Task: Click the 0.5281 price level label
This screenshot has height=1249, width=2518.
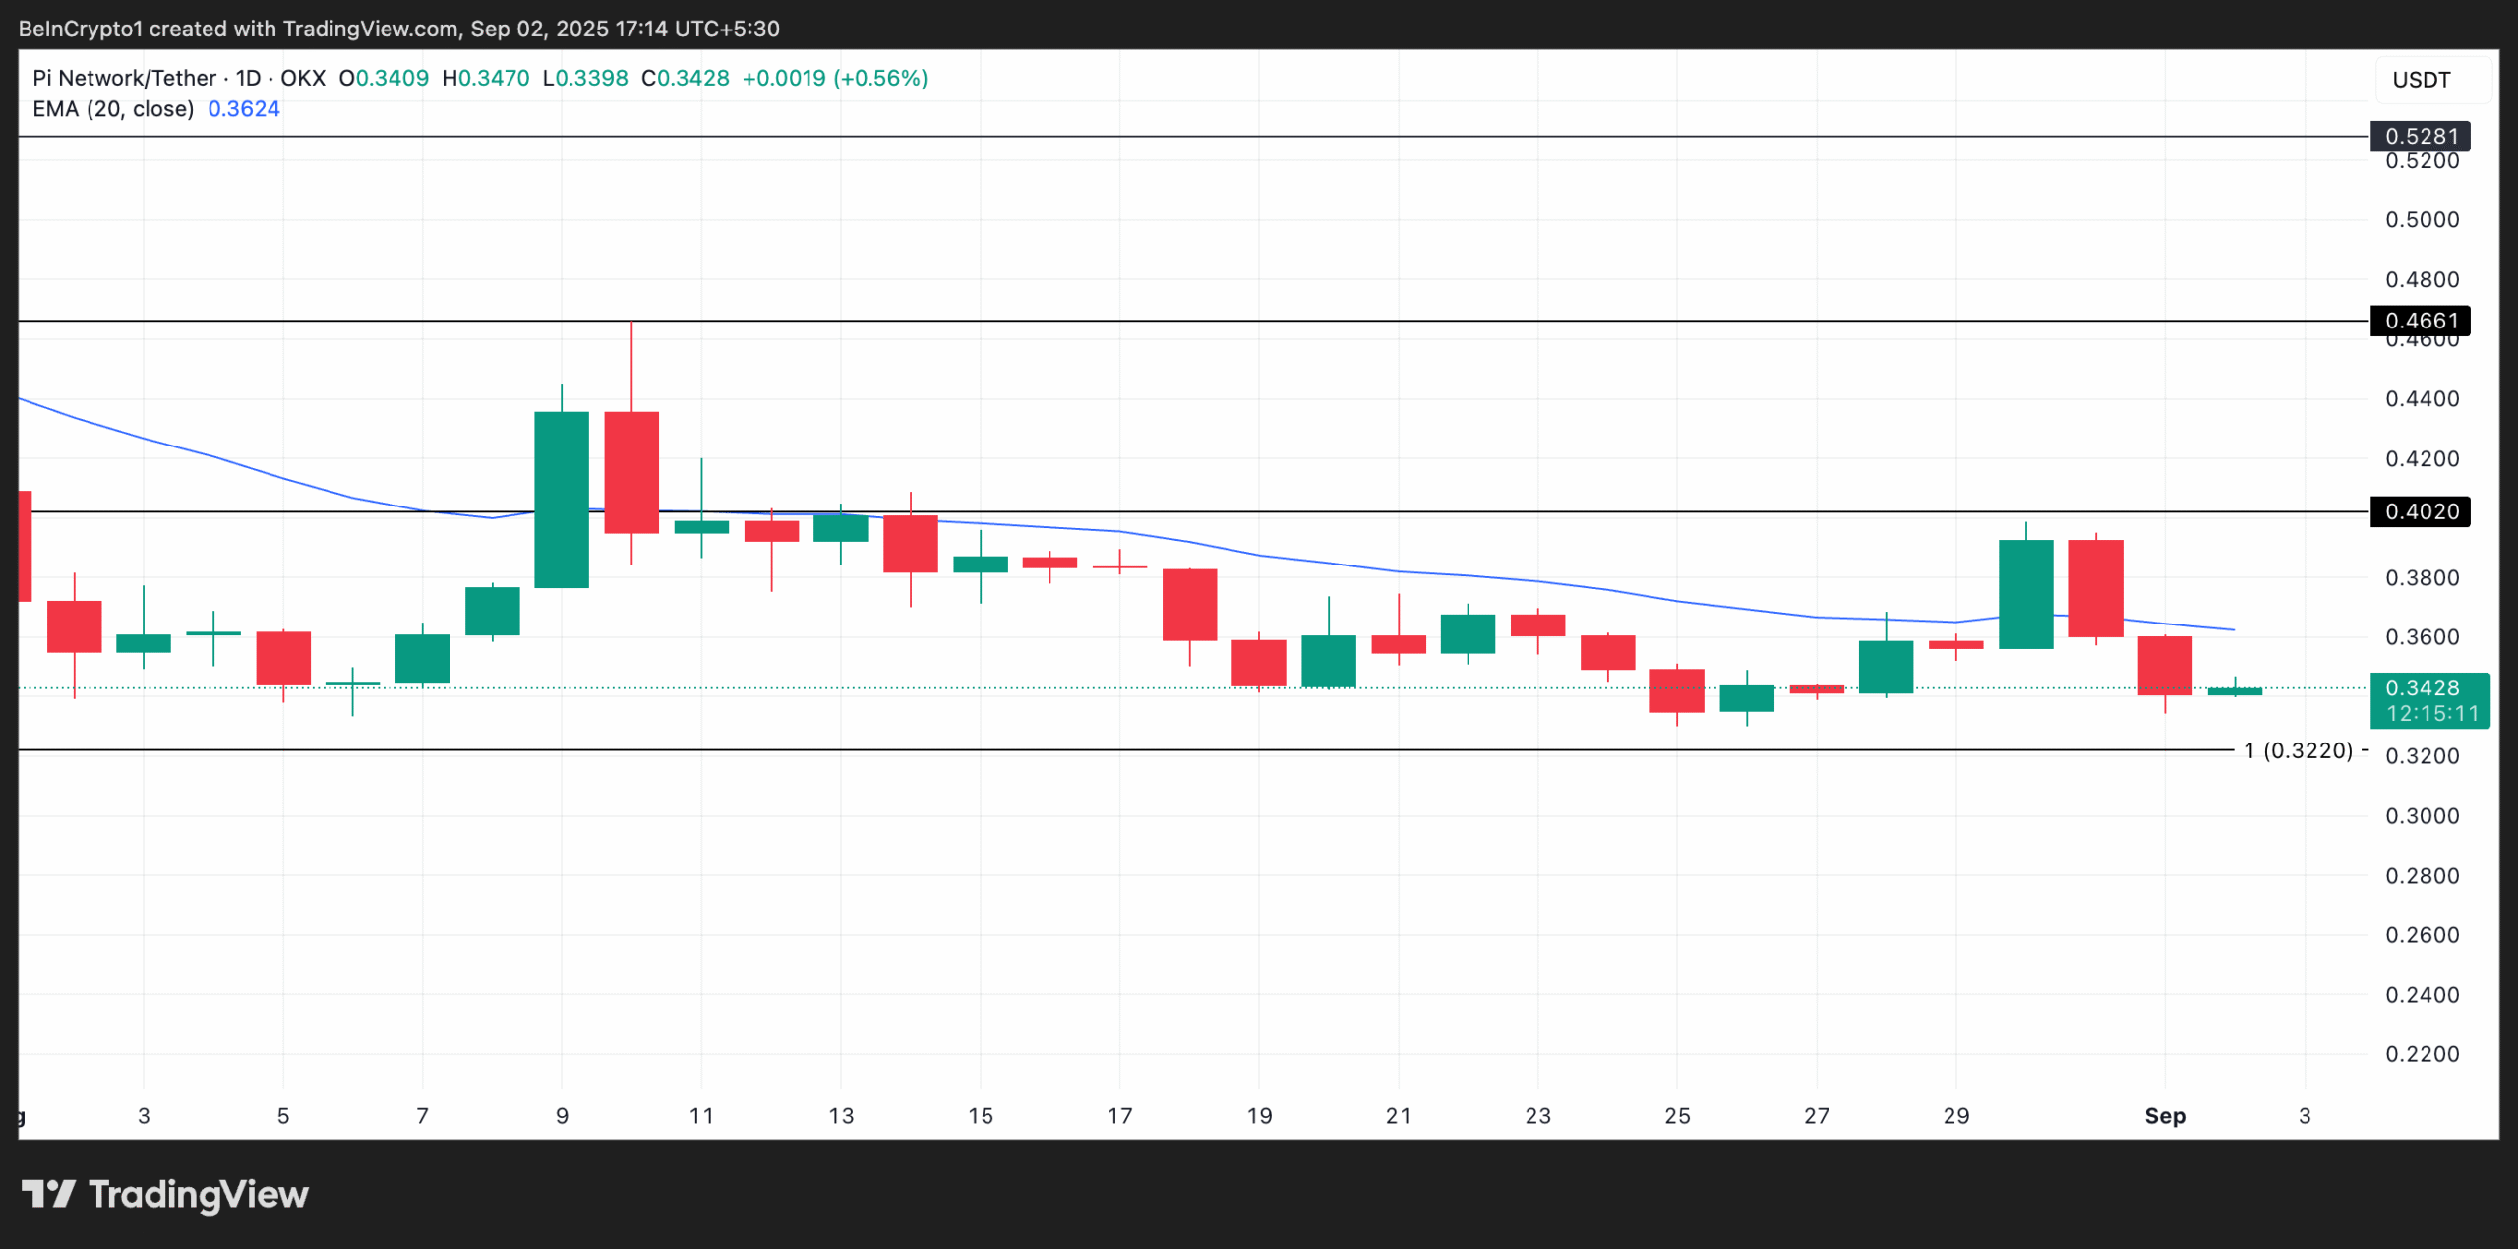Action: coord(2420,136)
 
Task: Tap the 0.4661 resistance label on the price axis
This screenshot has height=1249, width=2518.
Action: coord(2420,321)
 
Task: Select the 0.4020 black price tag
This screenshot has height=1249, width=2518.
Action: coord(2420,511)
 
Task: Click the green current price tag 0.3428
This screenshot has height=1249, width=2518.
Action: coord(2428,688)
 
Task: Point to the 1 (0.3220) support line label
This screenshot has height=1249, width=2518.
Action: coord(2298,750)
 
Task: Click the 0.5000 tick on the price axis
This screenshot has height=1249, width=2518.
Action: coord(2422,220)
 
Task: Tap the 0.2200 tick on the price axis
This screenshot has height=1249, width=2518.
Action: coord(2422,1054)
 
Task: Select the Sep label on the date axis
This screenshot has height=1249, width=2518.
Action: coord(2165,1116)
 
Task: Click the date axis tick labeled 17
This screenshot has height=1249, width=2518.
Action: coord(1119,1116)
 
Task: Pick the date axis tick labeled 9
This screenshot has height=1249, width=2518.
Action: coord(562,1116)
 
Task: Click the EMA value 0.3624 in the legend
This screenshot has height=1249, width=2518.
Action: coord(244,109)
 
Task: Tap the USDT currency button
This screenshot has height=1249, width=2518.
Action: coord(2422,80)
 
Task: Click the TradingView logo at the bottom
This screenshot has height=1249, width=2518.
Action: coord(165,1195)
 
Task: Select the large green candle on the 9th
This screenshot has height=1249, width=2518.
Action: coord(562,500)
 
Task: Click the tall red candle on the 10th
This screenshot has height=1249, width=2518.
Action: coord(631,472)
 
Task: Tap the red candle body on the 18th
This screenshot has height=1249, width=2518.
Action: coord(1189,605)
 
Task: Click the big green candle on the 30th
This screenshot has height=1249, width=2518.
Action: coord(2025,594)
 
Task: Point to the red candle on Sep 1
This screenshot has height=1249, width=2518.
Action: coord(2165,666)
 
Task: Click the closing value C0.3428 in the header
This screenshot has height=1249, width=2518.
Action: coord(686,78)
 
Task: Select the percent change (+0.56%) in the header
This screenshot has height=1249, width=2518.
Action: coord(880,78)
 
